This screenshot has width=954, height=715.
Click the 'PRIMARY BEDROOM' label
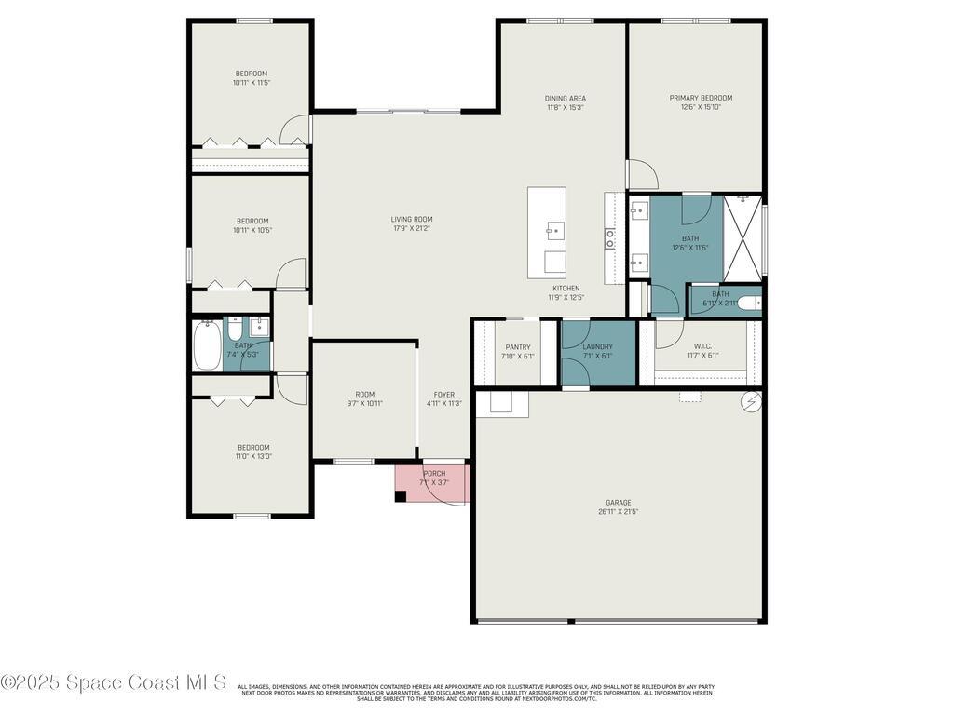click(701, 98)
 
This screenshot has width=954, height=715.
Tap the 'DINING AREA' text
click(566, 98)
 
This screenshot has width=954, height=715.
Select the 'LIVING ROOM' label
click(411, 220)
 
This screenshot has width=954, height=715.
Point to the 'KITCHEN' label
click(566, 289)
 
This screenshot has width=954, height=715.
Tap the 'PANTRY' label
click(518, 347)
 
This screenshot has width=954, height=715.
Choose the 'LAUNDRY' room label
click(597, 347)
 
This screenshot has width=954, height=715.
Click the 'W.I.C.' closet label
click(702, 347)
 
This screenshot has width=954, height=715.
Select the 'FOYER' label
click(443, 395)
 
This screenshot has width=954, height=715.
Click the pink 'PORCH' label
click(434, 474)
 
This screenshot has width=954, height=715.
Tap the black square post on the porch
click(401, 496)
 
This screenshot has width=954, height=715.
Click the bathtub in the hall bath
click(206, 345)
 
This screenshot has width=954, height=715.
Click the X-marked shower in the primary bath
click(743, 238)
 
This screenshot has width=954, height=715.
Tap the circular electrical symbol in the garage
click(751, 402)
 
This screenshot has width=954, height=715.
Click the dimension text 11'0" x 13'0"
click(252, 456)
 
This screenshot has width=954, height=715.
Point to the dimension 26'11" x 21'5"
click(619, 511)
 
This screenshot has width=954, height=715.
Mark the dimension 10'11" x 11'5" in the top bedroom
click(252, 83)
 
